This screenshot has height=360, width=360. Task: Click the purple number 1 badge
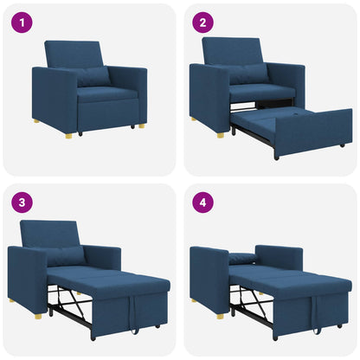(21, 23)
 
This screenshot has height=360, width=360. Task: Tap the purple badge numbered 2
(202, 23)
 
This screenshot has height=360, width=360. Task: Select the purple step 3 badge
(21, 204)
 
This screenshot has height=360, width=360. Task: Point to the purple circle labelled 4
(202, 204)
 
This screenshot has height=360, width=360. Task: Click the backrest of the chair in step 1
(73, 54)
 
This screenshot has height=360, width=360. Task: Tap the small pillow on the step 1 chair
(91, 76)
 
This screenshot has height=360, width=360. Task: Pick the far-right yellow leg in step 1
(141, 125)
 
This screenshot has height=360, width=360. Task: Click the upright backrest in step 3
(48, 235)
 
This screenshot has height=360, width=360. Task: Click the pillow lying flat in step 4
(242, 258)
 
